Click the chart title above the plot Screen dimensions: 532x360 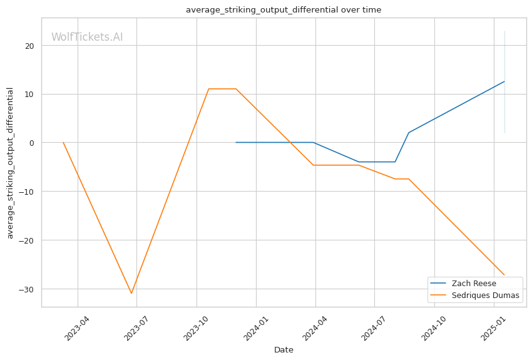pos(284,10)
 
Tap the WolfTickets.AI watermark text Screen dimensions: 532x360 pos(87,37)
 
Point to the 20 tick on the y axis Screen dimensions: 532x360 pos(29,46)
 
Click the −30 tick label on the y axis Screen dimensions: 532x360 pos(26,289)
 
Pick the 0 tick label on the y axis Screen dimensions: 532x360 pos(32,143)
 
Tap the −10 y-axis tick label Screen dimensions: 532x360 pos(26,192)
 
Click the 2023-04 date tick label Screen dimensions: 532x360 pos(77,328)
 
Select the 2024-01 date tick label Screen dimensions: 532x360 pos(256,328)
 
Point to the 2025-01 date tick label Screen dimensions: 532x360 pos(493,328)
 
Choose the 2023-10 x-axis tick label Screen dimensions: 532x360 pos(196,328)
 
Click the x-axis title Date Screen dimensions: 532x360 pos(284,350)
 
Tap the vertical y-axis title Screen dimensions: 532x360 pos(10,163)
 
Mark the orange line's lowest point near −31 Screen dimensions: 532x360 pos(131,293)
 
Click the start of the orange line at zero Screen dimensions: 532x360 pos(63,143)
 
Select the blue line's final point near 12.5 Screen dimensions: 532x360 pos(504,81)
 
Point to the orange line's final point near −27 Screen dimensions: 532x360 pos(504,275)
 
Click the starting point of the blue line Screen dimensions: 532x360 pos(236,143)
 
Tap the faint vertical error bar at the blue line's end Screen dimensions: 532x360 pos(504,82)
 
